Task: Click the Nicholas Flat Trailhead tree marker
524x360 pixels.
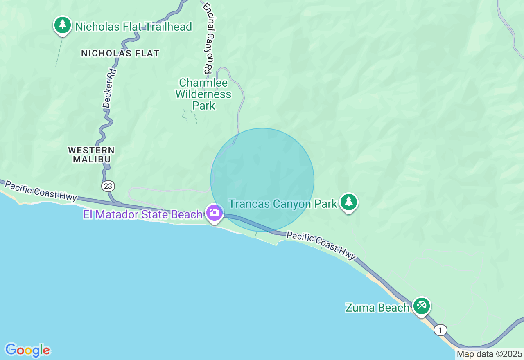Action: [62, 25]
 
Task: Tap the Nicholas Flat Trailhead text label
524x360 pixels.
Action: [133, 27]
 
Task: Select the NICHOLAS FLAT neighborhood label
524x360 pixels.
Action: [120, 53]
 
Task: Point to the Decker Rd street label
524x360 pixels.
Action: [109, 88]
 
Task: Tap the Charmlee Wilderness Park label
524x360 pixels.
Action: [203, 94]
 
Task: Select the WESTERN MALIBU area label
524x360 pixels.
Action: [91, 155]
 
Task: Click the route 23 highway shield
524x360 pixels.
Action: [108, 186]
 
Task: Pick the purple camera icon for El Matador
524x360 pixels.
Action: [214, 213]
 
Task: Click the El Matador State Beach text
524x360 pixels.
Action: [143, 214]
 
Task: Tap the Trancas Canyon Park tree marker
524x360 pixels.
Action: [349, 201]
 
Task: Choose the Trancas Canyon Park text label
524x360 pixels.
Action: [283, 204]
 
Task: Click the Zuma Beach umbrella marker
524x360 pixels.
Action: [421, 305]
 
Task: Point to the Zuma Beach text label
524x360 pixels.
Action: [377, 308]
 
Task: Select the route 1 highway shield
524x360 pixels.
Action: [440, 330]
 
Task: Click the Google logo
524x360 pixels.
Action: [27, 350]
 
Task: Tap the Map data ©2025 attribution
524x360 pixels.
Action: [489, 354]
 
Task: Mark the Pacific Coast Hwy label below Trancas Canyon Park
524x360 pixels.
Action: [321, 245]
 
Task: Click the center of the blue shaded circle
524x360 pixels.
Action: [262, 180]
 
